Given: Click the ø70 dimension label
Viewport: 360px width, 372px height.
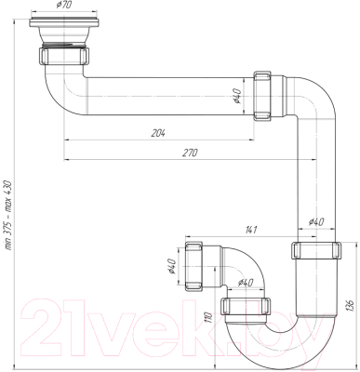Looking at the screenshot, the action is (x=64, y=5).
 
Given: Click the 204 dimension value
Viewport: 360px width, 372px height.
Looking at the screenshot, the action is (x=158, y=133).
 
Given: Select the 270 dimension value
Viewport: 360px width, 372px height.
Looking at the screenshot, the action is (x=190, y=153).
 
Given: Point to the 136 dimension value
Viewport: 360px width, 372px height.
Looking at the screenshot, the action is (x=350, y=305).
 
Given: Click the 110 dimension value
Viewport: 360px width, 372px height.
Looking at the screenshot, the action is (x=209, y=318).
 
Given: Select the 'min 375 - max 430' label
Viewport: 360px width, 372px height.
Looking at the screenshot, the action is (x=7, y=215).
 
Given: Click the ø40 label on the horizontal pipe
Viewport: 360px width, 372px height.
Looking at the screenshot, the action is (x=236, y=96).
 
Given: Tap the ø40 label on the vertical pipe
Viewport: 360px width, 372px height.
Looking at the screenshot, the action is (x=316, y=222).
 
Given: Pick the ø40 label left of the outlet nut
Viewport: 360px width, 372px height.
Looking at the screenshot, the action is (x=172, y=267).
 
